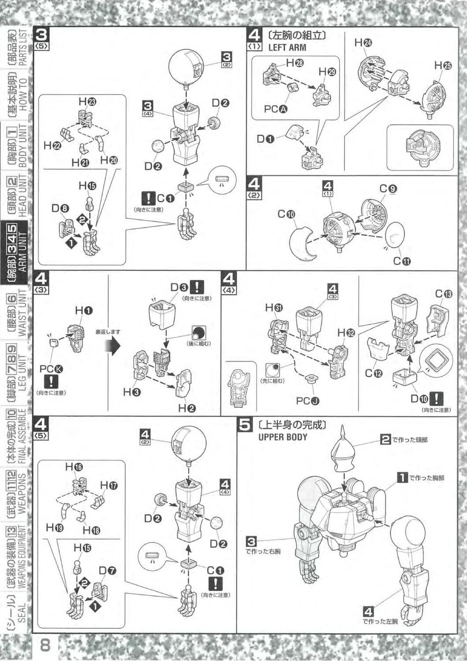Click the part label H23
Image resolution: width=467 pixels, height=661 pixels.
click(x=87, y=101)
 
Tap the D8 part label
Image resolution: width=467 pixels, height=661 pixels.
click(x=60, y=208)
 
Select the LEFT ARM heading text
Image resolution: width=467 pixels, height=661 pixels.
click(x=287, y=47)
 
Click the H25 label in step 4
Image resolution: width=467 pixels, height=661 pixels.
click(x=443, y=66)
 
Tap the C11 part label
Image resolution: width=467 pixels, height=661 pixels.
click(x=402, y=261)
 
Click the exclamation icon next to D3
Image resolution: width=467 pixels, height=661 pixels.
click(x=196, y=287)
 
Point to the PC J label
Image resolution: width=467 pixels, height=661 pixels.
click(x=307, y=401)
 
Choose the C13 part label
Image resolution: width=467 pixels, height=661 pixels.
click(x=443, y=294)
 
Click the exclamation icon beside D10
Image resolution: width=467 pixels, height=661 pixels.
click(x=436, y=398)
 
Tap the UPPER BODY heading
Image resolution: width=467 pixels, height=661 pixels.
click(x=283, y=437)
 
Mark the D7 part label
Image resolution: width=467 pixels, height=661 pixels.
click(x=107, y=571)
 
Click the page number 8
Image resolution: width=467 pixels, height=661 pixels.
click(x=45, y=646)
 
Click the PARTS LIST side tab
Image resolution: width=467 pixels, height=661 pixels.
click(x=18, y=48)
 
